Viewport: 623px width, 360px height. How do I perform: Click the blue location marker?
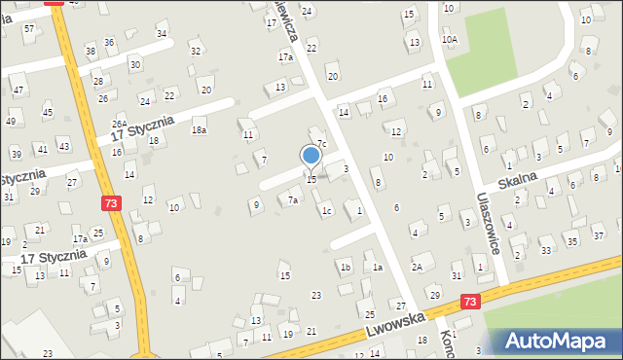[311, 155]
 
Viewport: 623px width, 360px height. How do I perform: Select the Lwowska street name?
[397, 325]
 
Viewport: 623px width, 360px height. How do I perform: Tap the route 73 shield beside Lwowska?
[471, 304]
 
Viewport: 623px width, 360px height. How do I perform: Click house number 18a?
[199, 130]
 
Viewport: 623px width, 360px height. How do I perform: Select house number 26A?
[119, 125]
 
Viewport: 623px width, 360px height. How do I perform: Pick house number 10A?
[449, 39]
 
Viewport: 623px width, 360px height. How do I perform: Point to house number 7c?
[321, 144]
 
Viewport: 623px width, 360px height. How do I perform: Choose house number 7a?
[292, 200]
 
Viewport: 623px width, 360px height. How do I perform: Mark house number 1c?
[327, 211]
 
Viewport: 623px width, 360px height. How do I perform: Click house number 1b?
[345, 267]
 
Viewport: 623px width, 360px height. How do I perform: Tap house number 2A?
[417, 267]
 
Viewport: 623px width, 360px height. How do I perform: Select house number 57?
[29, 28]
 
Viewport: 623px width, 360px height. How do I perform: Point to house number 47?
[18, 90]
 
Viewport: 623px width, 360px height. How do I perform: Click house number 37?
[600, 236]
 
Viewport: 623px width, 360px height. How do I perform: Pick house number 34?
[162, 34]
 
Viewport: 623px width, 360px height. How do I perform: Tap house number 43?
[63, 146]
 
